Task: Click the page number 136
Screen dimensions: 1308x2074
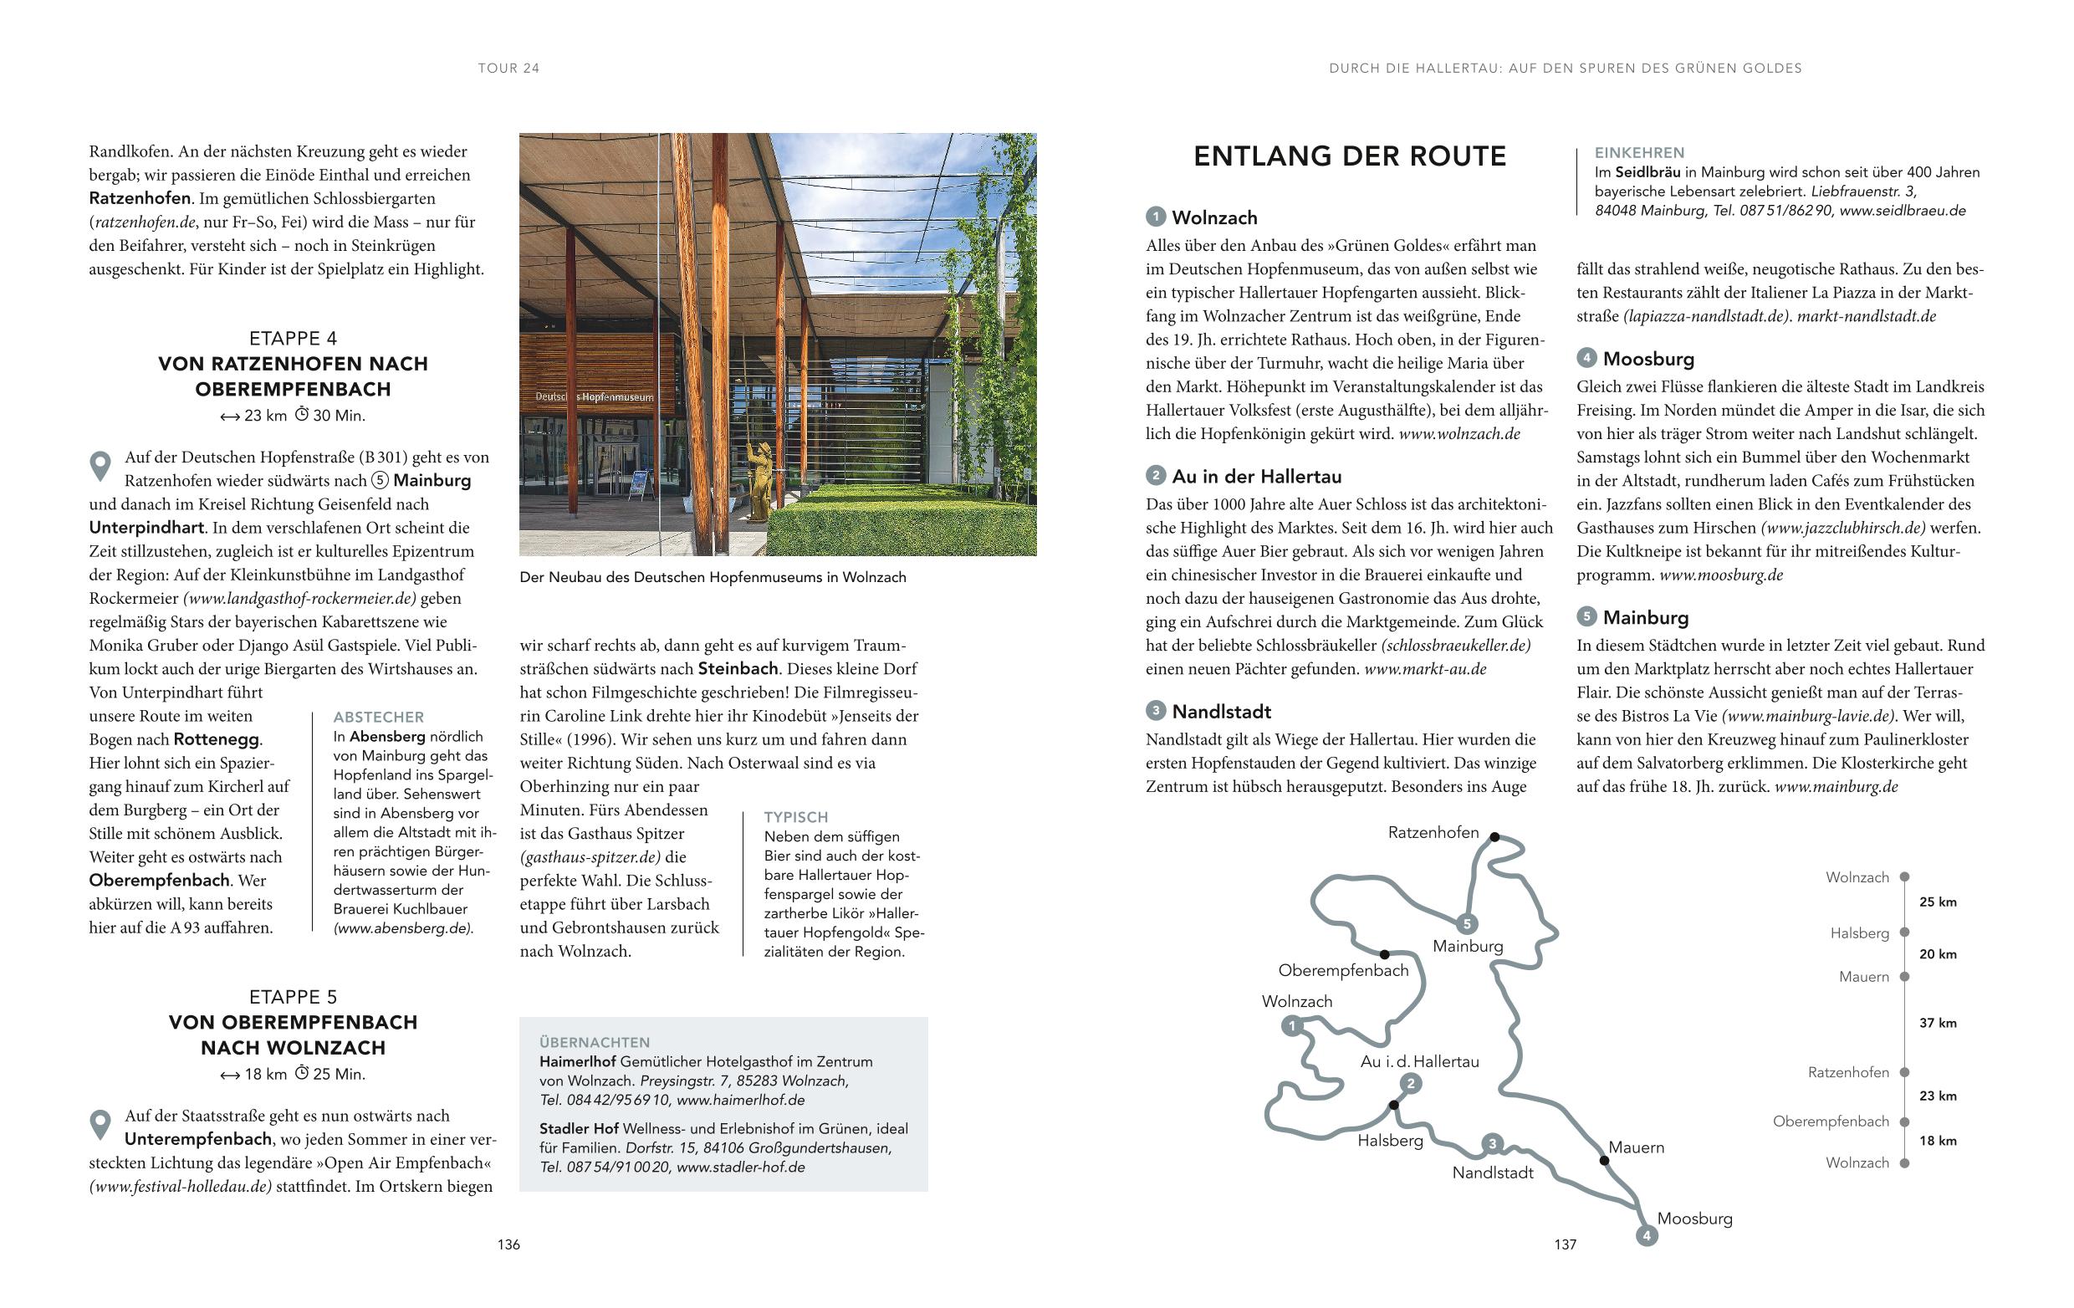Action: point(508,1244)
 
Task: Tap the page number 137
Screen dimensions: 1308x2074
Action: point(1565,1244)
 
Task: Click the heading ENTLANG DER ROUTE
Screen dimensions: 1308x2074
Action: point(1350,156)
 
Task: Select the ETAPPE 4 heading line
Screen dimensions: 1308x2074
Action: point(293,339)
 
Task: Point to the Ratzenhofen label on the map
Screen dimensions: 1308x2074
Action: point(1433,833)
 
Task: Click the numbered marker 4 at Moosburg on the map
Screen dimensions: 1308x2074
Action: point(1646,1236)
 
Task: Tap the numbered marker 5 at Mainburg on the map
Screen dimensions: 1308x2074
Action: point(1466,924)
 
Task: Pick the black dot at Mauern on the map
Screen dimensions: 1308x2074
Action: point(1604,1160)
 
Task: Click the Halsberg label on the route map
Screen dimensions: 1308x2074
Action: point(1390,1141)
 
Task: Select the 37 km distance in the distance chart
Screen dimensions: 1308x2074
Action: point(1938,1023)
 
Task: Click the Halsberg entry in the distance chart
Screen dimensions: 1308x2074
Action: point(1860,933)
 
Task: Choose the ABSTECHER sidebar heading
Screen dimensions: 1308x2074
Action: point(378,718)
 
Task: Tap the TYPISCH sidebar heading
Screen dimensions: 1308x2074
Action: point(796,817)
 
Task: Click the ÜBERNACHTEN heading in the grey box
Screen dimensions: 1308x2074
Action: point(595,1042)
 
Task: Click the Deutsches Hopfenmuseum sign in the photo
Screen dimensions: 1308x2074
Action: point(595,397)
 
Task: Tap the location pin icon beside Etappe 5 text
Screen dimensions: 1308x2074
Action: point(100,1125)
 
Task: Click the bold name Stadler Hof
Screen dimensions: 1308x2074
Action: point(579,1129)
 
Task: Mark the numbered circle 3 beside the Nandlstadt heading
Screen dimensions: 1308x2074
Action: point(1155,711)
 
